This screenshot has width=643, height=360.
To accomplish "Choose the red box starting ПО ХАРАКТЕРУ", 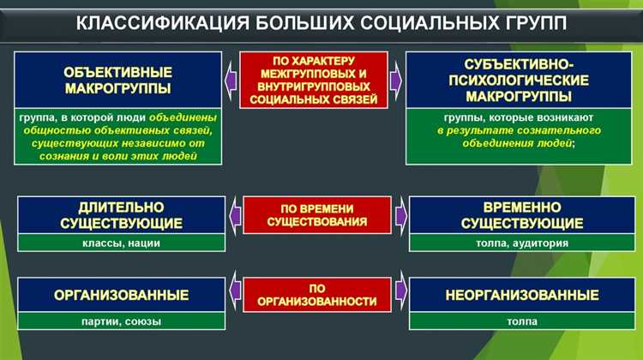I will pos(315,80).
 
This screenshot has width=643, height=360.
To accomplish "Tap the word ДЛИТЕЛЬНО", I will pos(121,208).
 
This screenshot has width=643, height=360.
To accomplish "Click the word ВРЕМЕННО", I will pos(522,208).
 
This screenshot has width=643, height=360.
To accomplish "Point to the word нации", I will pos(145,243).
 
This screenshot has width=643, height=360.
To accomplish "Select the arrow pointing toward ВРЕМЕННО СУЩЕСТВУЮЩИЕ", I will pos(400,215).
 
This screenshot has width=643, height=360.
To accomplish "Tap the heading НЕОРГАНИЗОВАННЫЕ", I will pos(522,296).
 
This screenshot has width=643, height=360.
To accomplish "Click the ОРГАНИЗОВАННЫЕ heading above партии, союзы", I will pos(121,296).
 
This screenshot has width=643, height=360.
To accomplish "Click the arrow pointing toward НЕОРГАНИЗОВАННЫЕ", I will pos(400,295).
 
